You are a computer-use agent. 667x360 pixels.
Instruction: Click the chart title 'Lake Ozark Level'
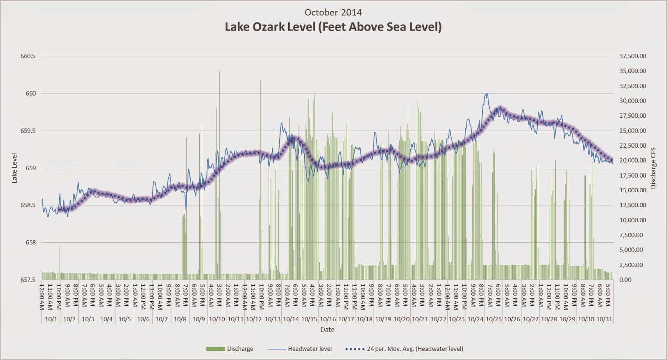pyautogui.click(x=333, y=27)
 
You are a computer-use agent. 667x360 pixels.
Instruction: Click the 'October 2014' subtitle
pyautogui.click(x=333, y=12)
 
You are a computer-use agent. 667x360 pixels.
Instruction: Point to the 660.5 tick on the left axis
pyautogui.click(x=28, y=56)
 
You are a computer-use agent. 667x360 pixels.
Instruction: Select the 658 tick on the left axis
pyautogui.click(x=28, y=243)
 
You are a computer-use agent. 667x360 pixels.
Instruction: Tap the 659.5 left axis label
pyautogui.click(x=28, y=131)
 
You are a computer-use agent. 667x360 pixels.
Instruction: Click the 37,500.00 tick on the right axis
pyautogui.click(x=632, y=56)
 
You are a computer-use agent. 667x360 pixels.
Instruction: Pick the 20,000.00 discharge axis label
pyautogui.click(x=632, y=161)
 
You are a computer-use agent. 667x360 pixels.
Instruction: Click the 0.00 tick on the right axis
pyautogui.click(x=625, y=280)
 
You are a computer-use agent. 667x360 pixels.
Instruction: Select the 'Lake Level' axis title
pyautogui.click(x=14, y=168)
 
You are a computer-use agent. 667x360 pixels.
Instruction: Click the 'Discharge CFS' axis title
pyautogui.click(x=653, y=168)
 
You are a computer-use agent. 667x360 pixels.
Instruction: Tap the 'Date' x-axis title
pyautogui.click(x=327, y=330)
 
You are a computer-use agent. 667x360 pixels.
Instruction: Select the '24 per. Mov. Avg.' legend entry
pyautogui.click(x=404, y=349)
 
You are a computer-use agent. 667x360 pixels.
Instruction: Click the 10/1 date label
pyautogui.click(x=51, y=319)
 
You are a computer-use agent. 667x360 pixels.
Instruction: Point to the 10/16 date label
pyautogui.click(x=328, y=319)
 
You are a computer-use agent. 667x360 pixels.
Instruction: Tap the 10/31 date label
pyautogui.click(x=604, y=319)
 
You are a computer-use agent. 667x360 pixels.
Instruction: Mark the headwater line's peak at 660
pyautogui.click(x=486, y=94)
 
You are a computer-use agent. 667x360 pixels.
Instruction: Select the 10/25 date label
pyautogui.click(x=494, y=319)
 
